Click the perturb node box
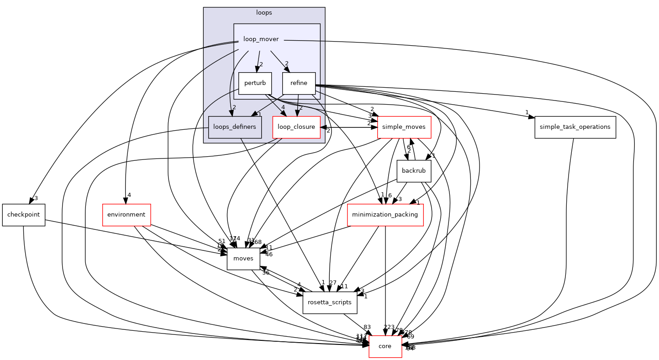tap(255, 84)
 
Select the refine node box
tap(299, 84)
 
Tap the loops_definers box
tap(235, 127)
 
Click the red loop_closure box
tap(296, 127)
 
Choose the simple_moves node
tap(404, 127)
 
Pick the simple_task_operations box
tap(575, 127)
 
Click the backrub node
tap(414, 171)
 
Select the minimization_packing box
tap(385, 215)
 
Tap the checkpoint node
tap(23, 215)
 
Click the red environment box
tap(126, 215)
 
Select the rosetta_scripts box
tap(330, 302)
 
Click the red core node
tap(385, 346)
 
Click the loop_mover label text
tap(261, 39)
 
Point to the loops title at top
tap(264, 13)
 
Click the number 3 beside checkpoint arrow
tap(36, 199)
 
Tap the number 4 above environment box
tap(129, 195)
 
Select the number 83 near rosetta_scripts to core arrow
tap(367, 327)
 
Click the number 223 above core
tap(389, 327)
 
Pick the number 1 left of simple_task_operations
tap(527, 112)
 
